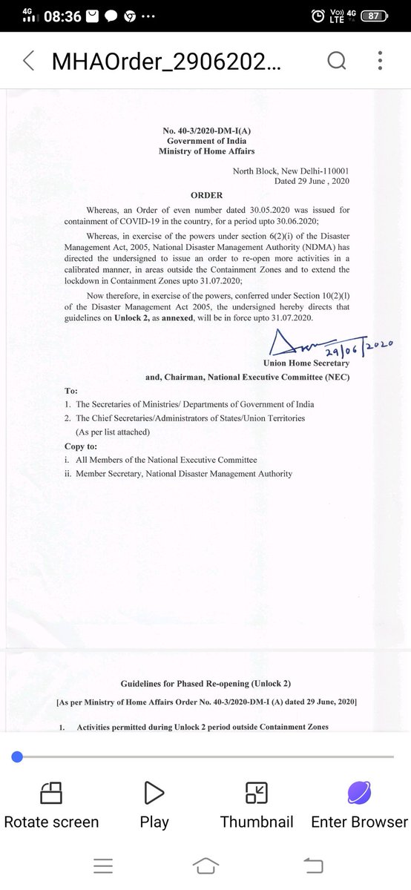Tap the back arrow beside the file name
28,61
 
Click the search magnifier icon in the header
337,61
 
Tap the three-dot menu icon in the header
380,61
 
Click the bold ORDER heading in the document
206,195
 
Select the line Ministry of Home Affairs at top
206,151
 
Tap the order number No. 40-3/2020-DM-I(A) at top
206,131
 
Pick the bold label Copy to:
81,446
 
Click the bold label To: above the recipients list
71,390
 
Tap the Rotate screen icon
51,793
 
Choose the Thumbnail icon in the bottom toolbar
257,793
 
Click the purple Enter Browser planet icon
359,793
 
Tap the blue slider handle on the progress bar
17,756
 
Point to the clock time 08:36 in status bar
62,16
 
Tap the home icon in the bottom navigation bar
205,865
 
